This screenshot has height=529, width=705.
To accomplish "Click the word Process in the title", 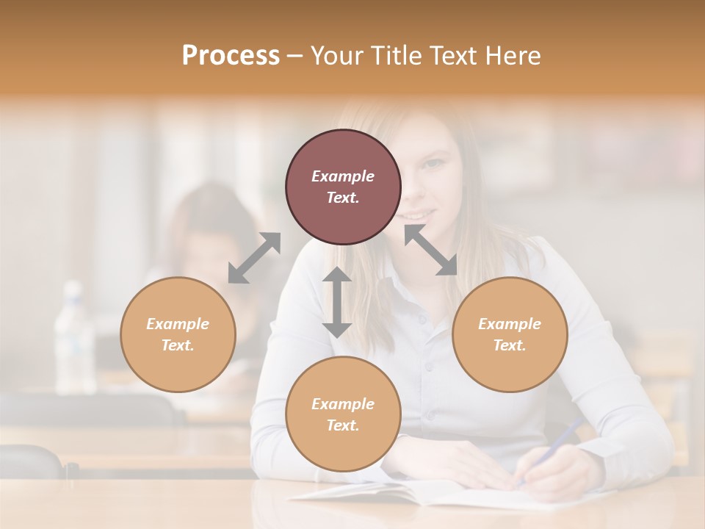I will coord(231,55).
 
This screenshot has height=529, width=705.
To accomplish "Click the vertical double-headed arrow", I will coord(337,302).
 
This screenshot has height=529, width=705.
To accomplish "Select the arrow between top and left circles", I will coord(254,257).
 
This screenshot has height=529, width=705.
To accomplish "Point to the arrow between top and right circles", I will coord(430,250).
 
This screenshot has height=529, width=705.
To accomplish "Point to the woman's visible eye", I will coord(435,162).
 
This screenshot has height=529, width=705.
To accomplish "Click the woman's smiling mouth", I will coord(416,215).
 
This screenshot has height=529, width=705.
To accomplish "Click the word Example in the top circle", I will coord(343,176).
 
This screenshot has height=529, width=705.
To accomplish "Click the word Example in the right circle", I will coord(510,324).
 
